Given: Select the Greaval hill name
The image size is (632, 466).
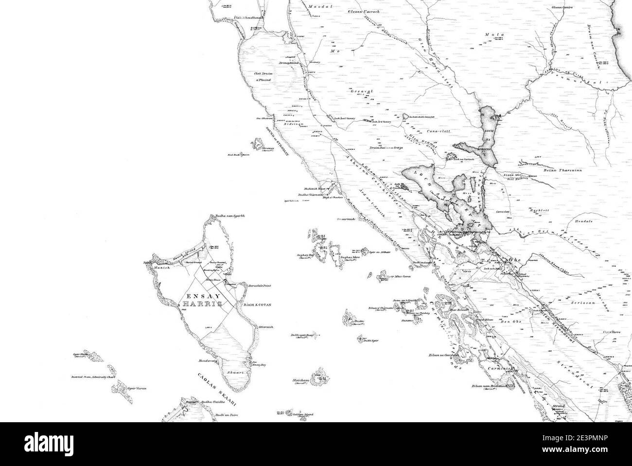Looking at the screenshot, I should click(360, 91).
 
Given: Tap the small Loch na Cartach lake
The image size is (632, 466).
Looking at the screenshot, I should click(451, 157).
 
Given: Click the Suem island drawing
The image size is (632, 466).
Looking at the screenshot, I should click(349, 319).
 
